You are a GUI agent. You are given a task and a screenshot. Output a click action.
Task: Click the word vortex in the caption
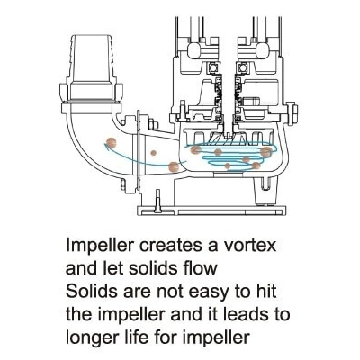(x=250, y=245)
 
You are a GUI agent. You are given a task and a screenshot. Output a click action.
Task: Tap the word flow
(x=200, y=268)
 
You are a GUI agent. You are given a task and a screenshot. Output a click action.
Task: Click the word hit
(x=266, y=291)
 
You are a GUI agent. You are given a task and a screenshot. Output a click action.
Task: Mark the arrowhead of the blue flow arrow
(x=107, y=145)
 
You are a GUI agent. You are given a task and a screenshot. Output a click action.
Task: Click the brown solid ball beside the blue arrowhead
(x=112, y=143)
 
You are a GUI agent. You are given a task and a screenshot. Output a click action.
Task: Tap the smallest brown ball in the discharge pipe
(x=153, y=153)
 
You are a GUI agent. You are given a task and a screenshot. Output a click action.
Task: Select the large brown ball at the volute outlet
(x=174, y=167)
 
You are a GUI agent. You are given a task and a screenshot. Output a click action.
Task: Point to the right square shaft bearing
(x=242, y=68)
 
